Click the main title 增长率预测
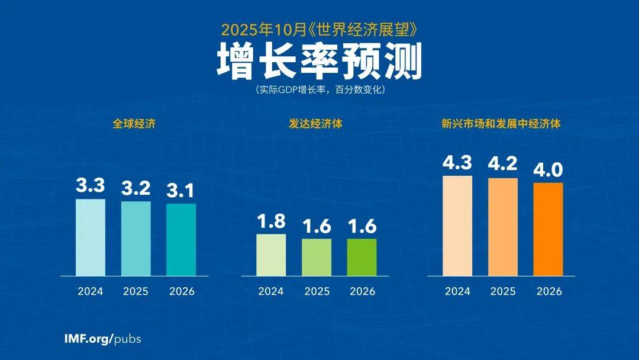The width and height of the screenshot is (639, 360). pos(319,60)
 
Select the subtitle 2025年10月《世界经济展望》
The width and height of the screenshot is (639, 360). pos(319,28)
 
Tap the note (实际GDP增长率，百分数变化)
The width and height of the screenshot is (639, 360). pos(319,91)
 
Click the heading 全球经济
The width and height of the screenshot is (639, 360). pos(135,124)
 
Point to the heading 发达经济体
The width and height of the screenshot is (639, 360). pos(317,124)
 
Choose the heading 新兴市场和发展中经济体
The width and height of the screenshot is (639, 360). pos(501,124)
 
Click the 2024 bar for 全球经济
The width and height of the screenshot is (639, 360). pos(91,237)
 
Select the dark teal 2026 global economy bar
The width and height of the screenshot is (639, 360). pos(181,240)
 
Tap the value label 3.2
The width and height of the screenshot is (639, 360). pos(135,189)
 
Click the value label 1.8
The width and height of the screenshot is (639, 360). pos(271,221)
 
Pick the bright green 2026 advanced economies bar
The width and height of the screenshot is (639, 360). pos(362,257)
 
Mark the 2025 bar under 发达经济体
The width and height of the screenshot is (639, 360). pos(317,257)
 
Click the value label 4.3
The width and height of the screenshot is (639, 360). pos(457,163)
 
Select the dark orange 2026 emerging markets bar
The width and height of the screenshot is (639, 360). pos(548,229)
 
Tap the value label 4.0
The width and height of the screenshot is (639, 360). pos(548,170)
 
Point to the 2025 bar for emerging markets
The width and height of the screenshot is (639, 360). pos(503,227)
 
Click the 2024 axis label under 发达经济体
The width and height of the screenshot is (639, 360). pos(271,291)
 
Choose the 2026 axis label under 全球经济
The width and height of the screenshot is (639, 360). pos(181,291)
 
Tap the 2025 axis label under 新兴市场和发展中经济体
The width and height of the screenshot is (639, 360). pos(503,291)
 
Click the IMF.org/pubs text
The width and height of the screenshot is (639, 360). pos(102,339)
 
